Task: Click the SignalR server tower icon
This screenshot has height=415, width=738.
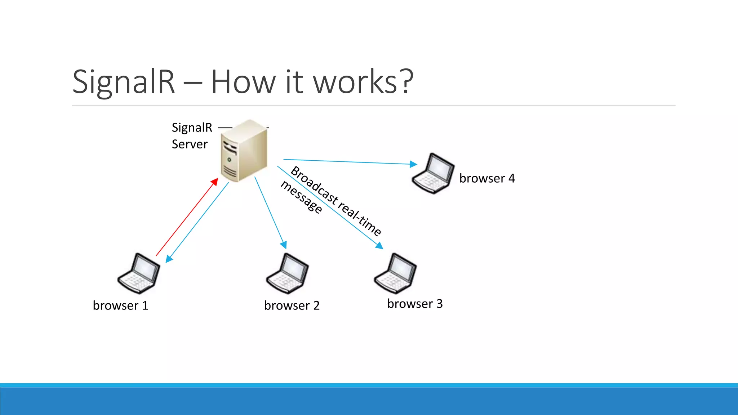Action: tap(244, 151)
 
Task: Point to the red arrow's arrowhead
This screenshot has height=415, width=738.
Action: tap(215, 182)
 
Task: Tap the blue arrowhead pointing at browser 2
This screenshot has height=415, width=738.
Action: tap(284, 245)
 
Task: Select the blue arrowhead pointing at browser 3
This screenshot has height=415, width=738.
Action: tap(379, 246)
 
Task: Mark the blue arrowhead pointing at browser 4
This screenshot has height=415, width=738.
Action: tap(413, 164)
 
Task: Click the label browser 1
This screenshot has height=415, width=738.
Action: tap(120, 305)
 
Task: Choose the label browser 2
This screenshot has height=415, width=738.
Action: tap(292, 305)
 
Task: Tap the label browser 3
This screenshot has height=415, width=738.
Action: tap(415, 304)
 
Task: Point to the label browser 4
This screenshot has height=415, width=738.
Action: tap(487, 178)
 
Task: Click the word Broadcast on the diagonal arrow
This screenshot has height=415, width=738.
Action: tap(314, 186)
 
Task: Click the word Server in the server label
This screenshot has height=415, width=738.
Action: tap(190, 144)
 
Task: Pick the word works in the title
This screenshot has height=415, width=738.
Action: tap(355, 82)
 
